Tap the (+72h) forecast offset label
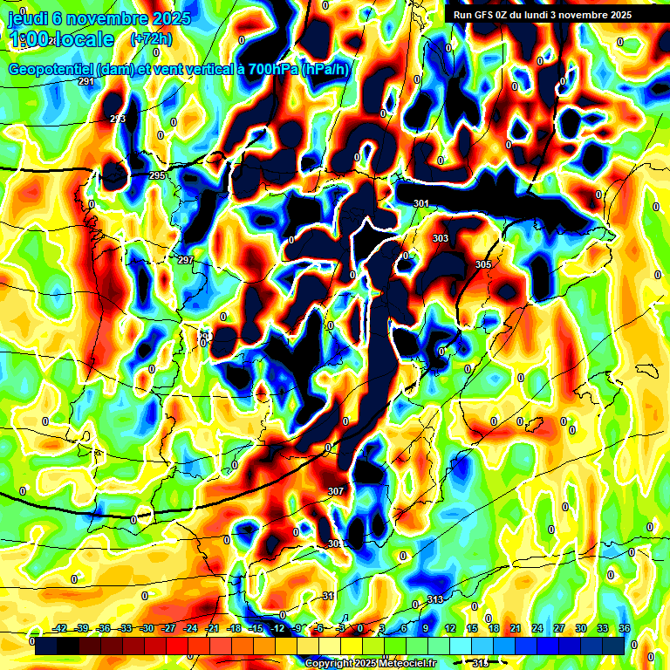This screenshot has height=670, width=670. click(x=150, y=39)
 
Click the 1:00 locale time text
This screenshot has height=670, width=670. click(x=61, y=39)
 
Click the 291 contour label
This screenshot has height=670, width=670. click(x=86, y=81)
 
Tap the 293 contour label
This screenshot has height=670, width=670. click(x=118, y=119)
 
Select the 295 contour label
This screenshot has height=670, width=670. click(x=157, y=175)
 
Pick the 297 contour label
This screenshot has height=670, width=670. click(x=186, y=260)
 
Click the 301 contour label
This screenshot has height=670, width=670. click(x=421, y=203)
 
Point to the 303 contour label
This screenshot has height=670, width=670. click(x=441, y=238)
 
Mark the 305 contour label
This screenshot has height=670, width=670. click(x=483, y=263)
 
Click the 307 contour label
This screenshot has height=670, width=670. click(x=336, y=491)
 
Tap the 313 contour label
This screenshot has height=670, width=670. click(x=435, y=599)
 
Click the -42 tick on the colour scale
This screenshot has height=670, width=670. click(x=60, y=627)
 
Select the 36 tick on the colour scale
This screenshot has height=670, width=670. click(x=624, y=627)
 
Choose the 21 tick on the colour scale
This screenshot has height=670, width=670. click(x=515, y=627)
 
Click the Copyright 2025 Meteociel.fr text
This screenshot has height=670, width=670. click(x=371, y=663)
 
